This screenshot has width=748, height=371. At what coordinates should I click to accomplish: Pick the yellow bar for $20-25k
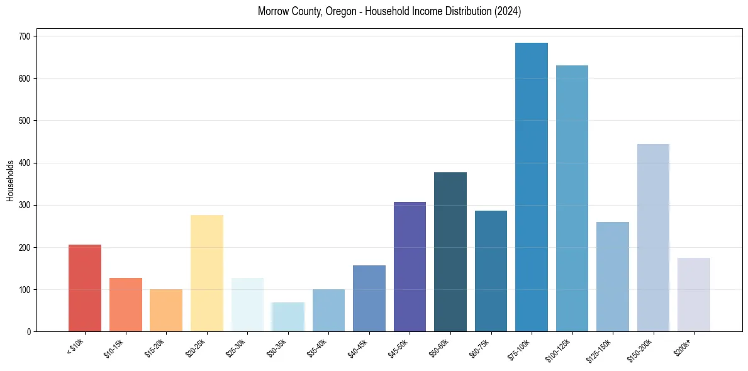(206, 274)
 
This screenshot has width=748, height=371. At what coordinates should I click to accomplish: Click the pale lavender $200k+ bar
(693, 295)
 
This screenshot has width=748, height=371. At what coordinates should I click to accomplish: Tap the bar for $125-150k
(612, 277)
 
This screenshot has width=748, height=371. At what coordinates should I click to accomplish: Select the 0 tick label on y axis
(30, 332)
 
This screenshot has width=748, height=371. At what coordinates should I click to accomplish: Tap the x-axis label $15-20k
(155, 348)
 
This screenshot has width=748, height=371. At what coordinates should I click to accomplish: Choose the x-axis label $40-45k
(359, 348)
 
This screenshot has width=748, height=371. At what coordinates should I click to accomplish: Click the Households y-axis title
(10, 180)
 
